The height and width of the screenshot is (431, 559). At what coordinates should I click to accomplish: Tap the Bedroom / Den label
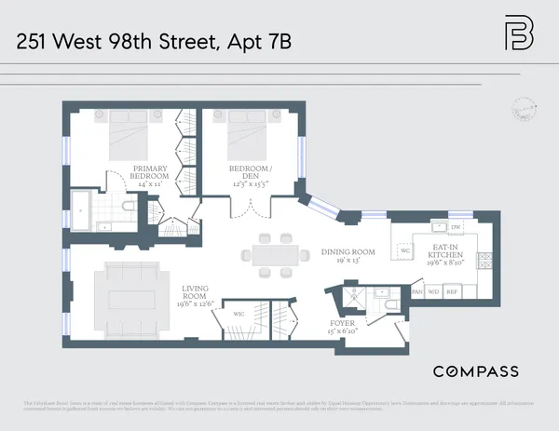tap(250, 175)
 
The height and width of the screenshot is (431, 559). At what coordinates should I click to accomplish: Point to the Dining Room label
tap(348, 251)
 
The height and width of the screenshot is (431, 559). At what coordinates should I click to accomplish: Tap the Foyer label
tap(342, 325)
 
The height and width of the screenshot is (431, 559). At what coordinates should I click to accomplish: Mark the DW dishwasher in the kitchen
tap(456, 227)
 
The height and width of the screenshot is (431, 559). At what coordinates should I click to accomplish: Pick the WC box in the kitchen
tap(404, 250)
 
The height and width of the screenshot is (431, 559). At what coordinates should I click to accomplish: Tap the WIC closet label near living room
tap(239, 314)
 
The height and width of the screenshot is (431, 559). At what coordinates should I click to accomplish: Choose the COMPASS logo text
tap(475, 371)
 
